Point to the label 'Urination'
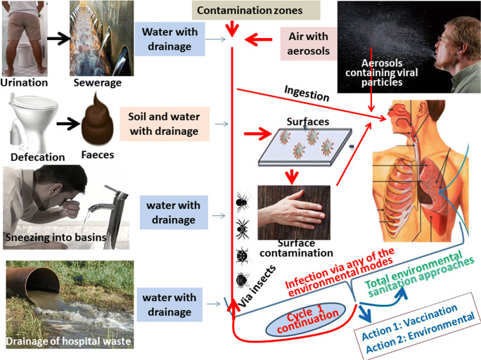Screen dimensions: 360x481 click(25, 82)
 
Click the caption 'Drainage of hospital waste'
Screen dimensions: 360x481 click(70, 342)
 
